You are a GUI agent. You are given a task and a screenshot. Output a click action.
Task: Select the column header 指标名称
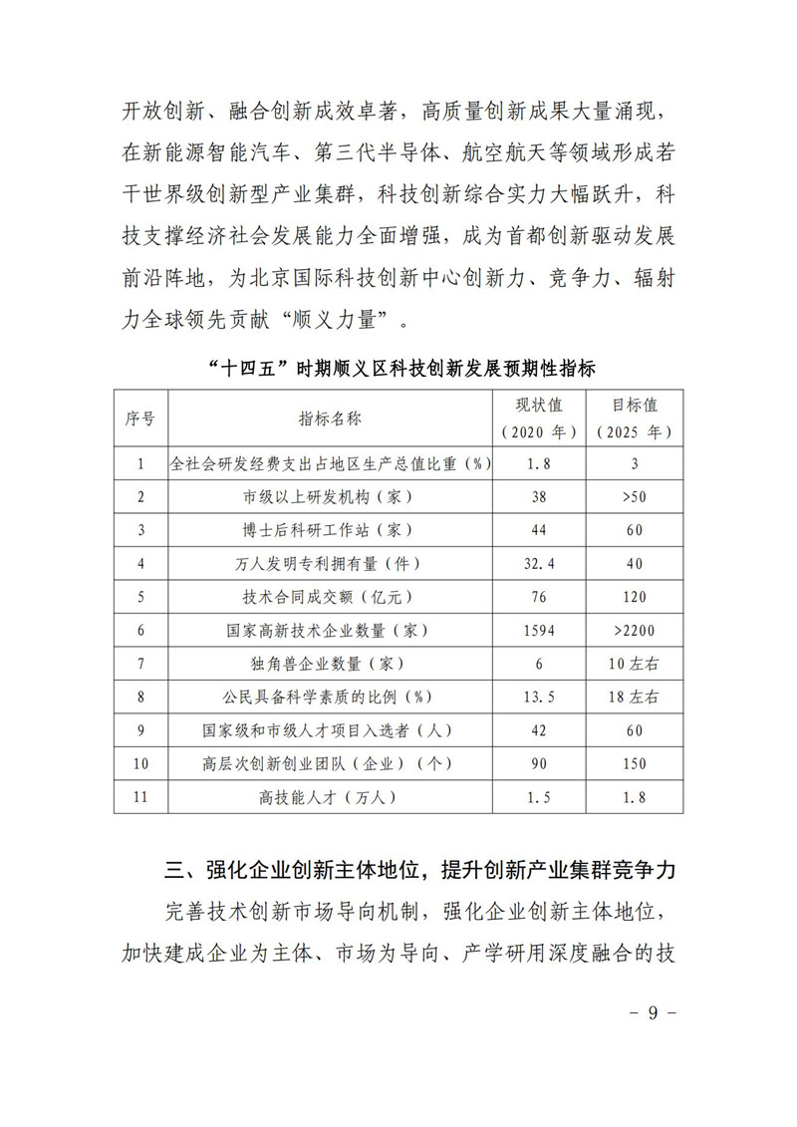[331, 420]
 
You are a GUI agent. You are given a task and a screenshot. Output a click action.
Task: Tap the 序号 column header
[140, 420]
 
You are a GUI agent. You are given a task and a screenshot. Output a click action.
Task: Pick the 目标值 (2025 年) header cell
[634, 420]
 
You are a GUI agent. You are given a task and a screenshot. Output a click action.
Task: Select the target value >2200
[634, 630]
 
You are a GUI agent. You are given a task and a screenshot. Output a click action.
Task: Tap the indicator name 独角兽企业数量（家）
[331, 663]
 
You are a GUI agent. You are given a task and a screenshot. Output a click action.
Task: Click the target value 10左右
[634, 663]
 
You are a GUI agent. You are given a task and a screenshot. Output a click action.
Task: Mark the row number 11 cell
[140, 797]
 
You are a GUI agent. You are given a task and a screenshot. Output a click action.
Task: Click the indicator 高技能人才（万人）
[331, 797]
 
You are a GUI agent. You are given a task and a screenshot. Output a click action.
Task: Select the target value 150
[634, 764]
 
